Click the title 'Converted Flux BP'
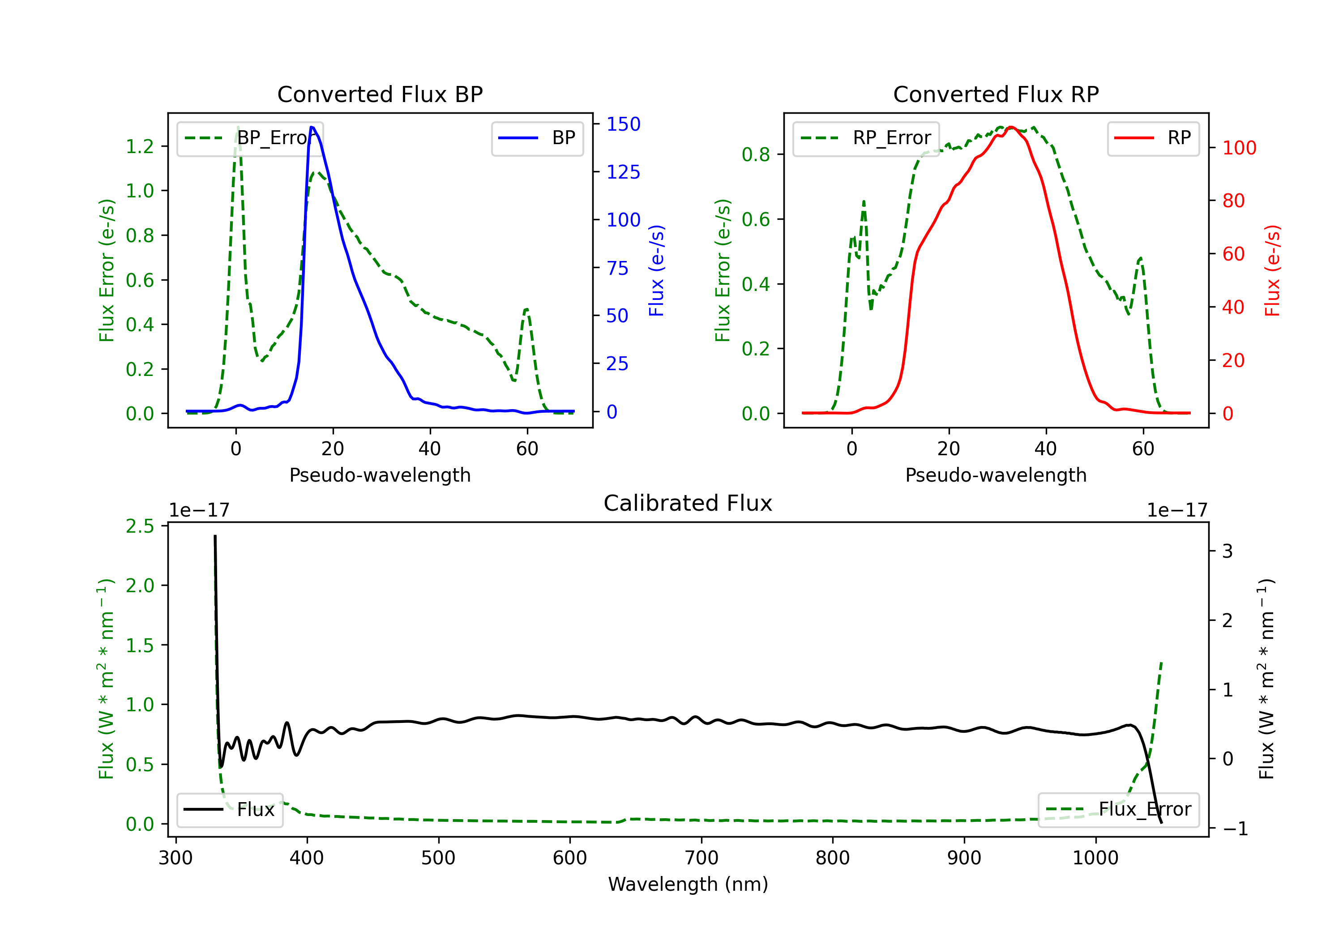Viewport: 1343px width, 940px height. (380, 94)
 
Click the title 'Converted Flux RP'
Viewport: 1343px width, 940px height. (996, 94)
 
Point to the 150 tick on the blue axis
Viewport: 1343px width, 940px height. (623, 124)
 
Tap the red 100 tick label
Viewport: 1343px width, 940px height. (1239, 148)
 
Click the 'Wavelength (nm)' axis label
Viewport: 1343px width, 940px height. (688, 884)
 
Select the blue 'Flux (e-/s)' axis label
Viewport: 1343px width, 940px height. (657, 271)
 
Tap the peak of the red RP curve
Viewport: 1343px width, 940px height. (1011, 127)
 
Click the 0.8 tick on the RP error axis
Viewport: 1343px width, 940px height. (756, 154)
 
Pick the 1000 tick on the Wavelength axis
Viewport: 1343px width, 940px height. (1095, 858)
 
